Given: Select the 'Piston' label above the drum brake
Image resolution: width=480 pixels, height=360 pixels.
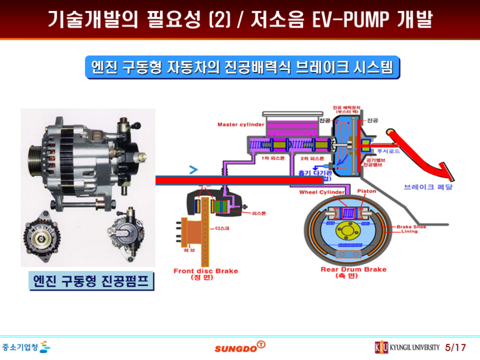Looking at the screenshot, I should [367, 191].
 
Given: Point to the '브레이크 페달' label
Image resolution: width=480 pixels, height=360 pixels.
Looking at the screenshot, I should [428, 186].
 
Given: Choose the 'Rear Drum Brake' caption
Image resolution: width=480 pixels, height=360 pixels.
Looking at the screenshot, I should [354, 269].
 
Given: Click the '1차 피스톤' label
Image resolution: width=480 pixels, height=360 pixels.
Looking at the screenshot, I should [270, 158].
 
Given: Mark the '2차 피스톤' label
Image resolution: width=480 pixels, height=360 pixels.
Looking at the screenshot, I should [311, 158].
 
